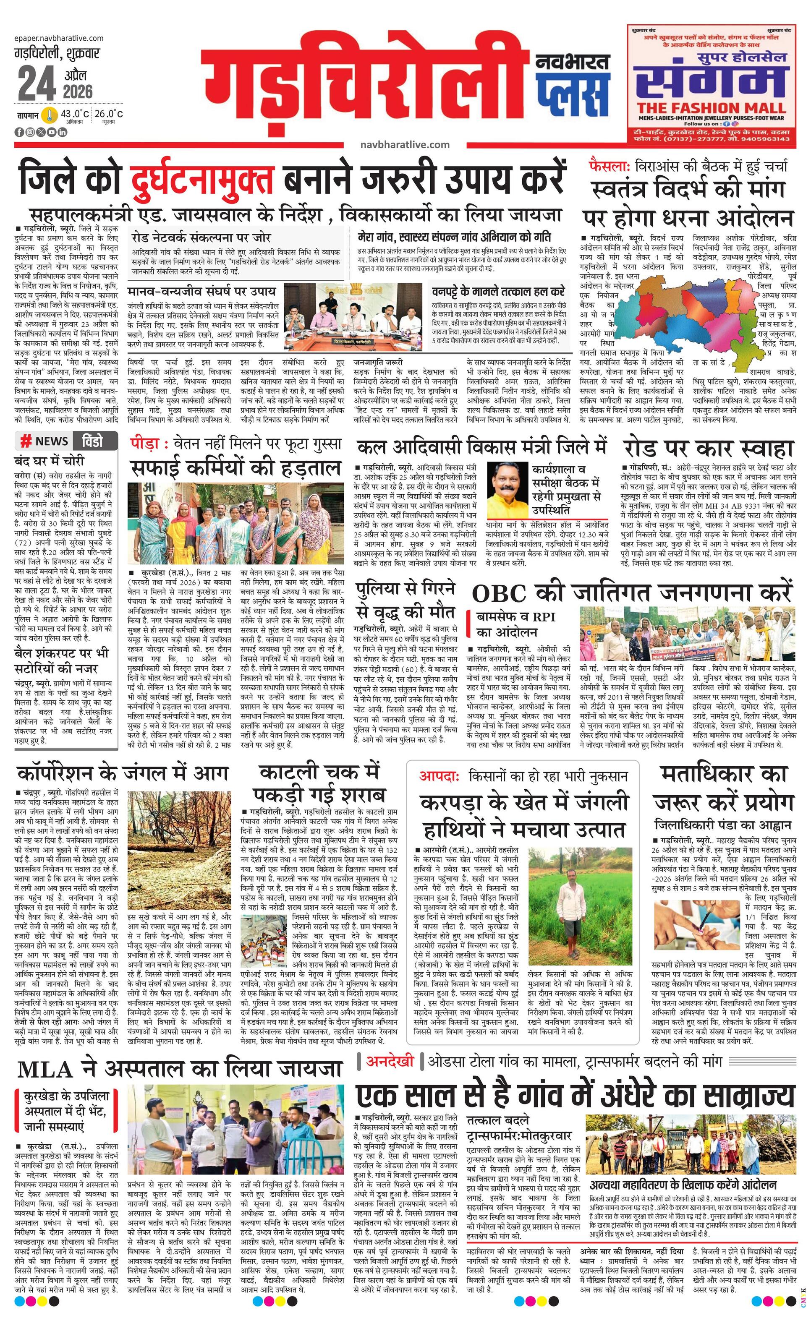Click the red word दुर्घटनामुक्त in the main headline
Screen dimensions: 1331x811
(201, 176)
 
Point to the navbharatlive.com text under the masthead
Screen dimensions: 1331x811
(405, 144)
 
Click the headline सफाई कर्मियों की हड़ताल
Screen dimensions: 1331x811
(235, 467)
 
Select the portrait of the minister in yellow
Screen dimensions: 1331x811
(508, 491)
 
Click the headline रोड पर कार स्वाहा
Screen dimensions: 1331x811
(708, 448)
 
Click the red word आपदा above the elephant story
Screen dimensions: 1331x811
(438, 776)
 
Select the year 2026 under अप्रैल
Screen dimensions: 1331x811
(78, 91)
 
